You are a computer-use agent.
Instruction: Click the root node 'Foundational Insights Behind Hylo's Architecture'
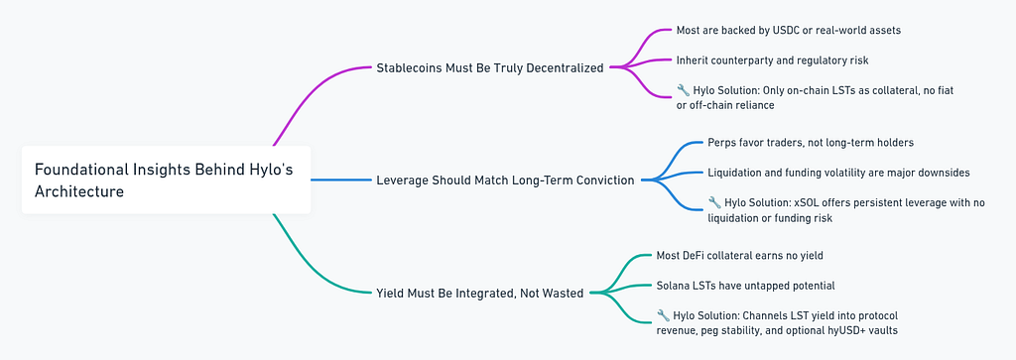pyautogui.click(x=166, y=180)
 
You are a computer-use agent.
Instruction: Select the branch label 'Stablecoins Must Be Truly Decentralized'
pyautogui.click(x=490, y=67)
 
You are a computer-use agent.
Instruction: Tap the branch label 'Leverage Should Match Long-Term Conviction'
pyautogui.click(x=505, y=180)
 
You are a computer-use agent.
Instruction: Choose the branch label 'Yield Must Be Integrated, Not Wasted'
pyautogui.click(x=479, y=294)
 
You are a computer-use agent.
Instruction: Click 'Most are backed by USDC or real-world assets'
pyautogui.click(x=788, y=31)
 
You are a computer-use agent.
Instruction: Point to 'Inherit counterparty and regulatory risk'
pyautogui.click(x=772, y=60)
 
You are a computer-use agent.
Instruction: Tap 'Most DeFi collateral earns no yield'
pyautogui.click(x=739, y=256)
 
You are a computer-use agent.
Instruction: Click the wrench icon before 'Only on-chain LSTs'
pyautogui.click(x=683, y=90)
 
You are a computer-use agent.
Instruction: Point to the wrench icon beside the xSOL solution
pyautogui.click(x=714, y=202)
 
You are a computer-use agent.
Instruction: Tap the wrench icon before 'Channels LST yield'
pyautogui.click(x=663, y=315)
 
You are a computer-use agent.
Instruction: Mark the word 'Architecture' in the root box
pyautogui.click(x=79, y=191)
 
